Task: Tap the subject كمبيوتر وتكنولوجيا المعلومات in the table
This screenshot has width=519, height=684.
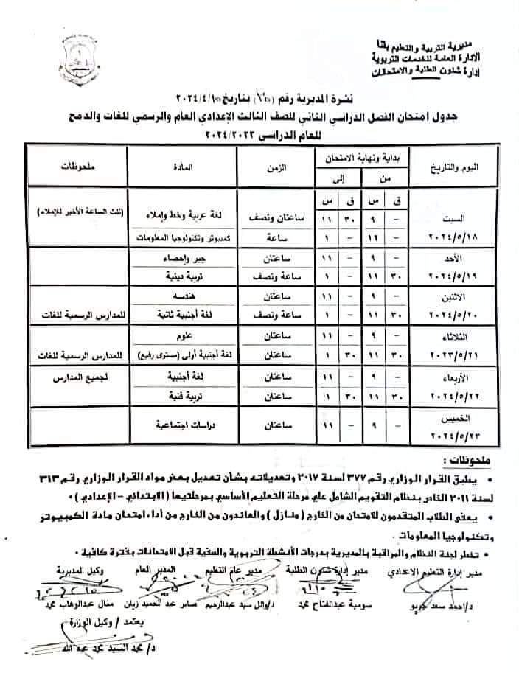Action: pos(184,240)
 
